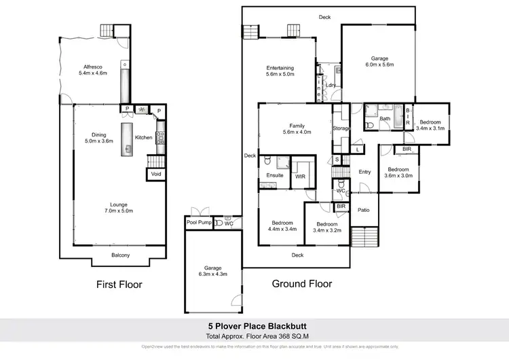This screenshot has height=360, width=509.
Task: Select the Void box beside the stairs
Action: point(156,175)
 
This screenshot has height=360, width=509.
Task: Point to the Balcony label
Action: point(121,255)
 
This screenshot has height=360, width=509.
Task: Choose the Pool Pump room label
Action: point(198,223)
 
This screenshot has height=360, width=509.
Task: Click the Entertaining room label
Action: point(280,71)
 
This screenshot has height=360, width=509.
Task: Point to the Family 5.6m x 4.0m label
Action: point(297,129)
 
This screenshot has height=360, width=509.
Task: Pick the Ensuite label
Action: point(274,175)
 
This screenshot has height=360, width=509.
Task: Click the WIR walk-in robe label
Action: point(300,176)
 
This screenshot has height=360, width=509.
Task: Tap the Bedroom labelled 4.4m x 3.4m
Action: point(282,227)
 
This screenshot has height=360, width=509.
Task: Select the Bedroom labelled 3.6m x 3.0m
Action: point(398,173)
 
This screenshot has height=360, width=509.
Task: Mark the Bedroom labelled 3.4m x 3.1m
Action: point(430,125)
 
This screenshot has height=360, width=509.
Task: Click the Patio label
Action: point(364,210)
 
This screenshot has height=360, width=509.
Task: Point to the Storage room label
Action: point(341,128)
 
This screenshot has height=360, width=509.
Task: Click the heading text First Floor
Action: point(118,285)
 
